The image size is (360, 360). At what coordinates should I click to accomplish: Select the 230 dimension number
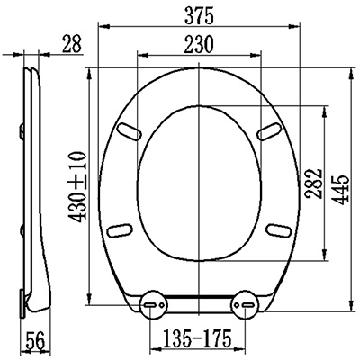tap(198, 44)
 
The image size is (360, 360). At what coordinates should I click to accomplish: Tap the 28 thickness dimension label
tap(72, 44)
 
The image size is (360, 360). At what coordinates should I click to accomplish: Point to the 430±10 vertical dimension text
tap(77, 187)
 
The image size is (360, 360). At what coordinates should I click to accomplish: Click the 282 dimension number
tap(313, 184)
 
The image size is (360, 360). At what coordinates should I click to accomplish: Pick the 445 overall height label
tap(341, 190)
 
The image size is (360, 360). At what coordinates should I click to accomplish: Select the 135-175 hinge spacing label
tap(197, 337)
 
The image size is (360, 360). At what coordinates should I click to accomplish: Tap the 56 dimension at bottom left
tap(35, 340)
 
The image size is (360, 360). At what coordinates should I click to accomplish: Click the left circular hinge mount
tap(154, 305)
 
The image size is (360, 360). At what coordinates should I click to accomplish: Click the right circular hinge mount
tap(244, 304)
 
